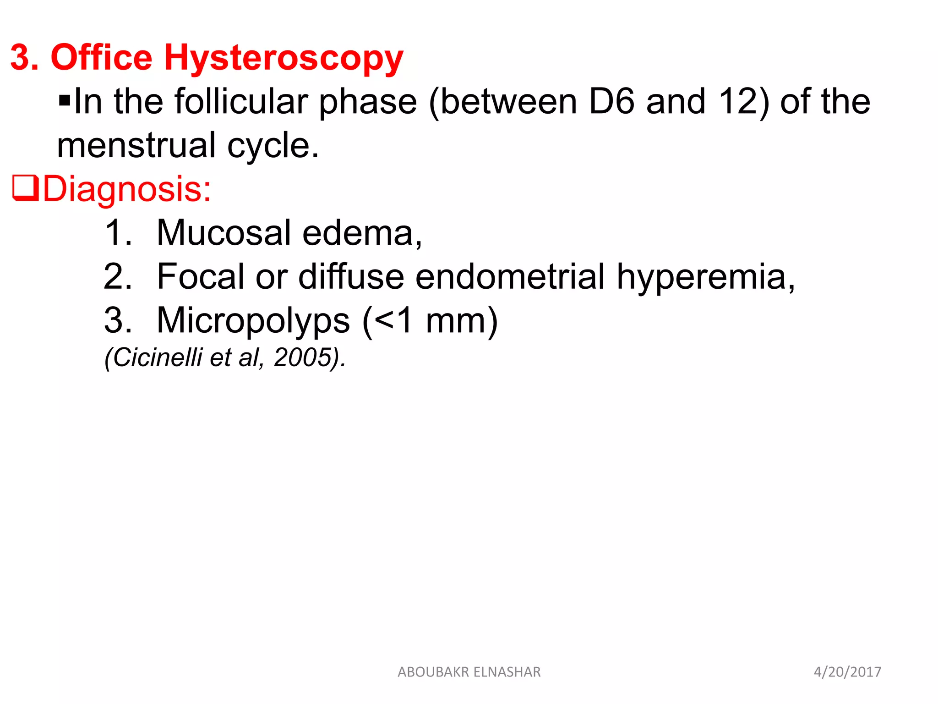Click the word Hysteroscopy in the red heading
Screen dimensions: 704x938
(x=284, y=59)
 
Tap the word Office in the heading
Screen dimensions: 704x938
(x=101, y=58)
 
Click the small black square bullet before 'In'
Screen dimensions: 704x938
(x=65, y=99)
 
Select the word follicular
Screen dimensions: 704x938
(x=241, y=101)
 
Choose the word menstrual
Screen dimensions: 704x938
(x=136, y=145)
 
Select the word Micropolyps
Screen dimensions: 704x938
(x=253, y=320)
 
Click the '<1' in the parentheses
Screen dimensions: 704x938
(x=394, y=320)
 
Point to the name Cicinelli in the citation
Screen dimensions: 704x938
(x=157, y=357)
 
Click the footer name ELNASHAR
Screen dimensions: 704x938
(x=507, y=672)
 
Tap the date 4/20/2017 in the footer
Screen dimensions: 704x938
(x=847, y=672)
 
